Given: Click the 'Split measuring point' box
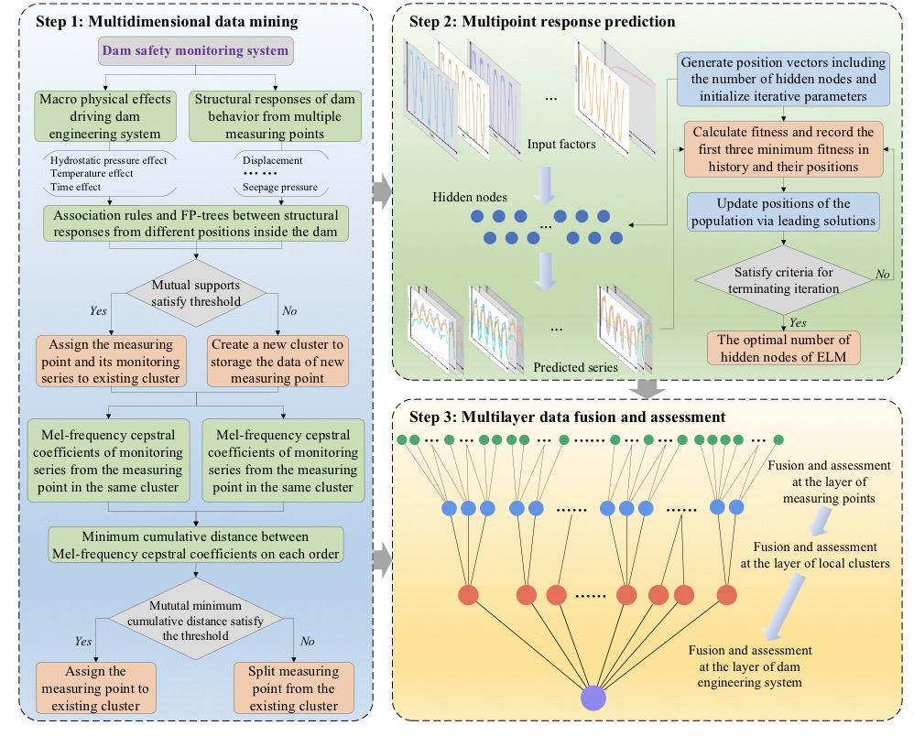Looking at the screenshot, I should (x=293, y=688).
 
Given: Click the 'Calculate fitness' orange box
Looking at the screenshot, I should (x=780, y=148).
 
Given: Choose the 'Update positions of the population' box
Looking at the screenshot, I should (x=780, y=212).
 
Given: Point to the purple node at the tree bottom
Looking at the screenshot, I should (x=593, y=698).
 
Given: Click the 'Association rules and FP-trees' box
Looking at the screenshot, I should (x=196, y=223).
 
